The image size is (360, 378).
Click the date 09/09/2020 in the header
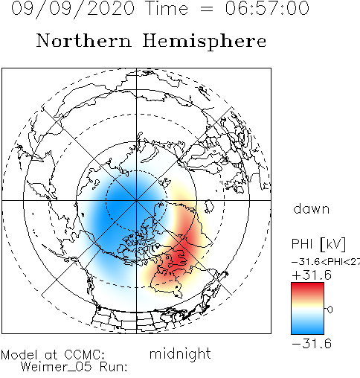[x=73, y=8]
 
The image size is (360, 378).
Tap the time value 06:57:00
[x=267, y=8]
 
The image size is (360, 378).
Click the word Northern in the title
[x=84, y=40]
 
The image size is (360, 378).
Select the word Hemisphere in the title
[x=205, y=41]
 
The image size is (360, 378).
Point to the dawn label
[x=312, y=208]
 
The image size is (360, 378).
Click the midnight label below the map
[x=180, y=353]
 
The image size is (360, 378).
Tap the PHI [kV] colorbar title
[x=318, y=244]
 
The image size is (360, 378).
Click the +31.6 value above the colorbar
[x=312, y=275]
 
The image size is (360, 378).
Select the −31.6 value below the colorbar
[x=312, y=344]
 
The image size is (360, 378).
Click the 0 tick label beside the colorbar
[x=330, y=310]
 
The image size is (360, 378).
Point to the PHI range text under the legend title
[x=326, y=262]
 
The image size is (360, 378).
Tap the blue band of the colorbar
[x=307, y=327]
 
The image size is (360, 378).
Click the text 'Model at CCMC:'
[x=53, y=355]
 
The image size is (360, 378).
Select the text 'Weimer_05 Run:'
[x=74, y=367]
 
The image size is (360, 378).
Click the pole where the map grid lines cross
[x=136, y=200]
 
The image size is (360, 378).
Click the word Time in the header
[x=167, y=8]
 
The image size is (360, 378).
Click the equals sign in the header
[x=206, y=10]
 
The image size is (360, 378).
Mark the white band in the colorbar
[x=307, y=310]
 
